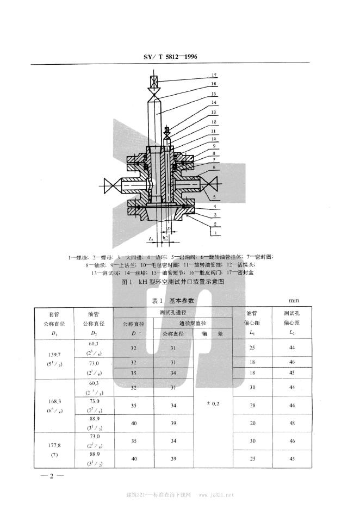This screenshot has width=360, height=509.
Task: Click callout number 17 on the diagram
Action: click(x=214, y=76)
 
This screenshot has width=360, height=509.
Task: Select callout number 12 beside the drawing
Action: click(x=214, y=123)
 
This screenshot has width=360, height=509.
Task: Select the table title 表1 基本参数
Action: click(x=173, y=300)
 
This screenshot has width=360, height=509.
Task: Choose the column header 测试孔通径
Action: click(x=173, y=313)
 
